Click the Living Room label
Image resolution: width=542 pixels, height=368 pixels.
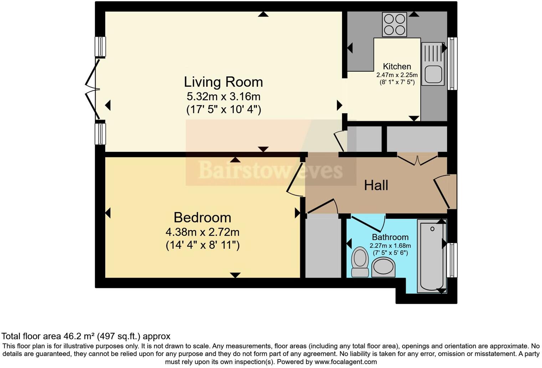(223, 82)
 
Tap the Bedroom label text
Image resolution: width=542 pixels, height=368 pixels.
(202, 218)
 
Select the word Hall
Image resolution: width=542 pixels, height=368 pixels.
(376, 185)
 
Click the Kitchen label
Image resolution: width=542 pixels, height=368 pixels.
(397, 66)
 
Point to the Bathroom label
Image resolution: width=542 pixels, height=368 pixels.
(390, 237)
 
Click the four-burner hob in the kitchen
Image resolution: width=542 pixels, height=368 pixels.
(394, 24)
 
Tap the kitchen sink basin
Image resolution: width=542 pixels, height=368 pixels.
(433, 74)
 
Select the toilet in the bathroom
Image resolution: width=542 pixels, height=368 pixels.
(360, 262)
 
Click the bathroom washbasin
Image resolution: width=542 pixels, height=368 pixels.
(383, 267)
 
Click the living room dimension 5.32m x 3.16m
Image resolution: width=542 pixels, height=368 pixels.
(223, 96)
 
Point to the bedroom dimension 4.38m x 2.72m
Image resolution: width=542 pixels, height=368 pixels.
(202, 232)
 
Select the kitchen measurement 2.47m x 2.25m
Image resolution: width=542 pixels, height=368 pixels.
(397, 75)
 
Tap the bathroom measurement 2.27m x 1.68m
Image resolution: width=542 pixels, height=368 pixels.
(390, 246)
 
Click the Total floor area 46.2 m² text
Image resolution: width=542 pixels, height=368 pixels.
(86, 336)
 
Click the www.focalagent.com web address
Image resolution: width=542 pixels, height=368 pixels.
(345, 362)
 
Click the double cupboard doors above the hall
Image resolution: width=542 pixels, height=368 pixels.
(417, 159)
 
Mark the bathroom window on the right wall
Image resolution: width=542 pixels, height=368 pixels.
(452, 260)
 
